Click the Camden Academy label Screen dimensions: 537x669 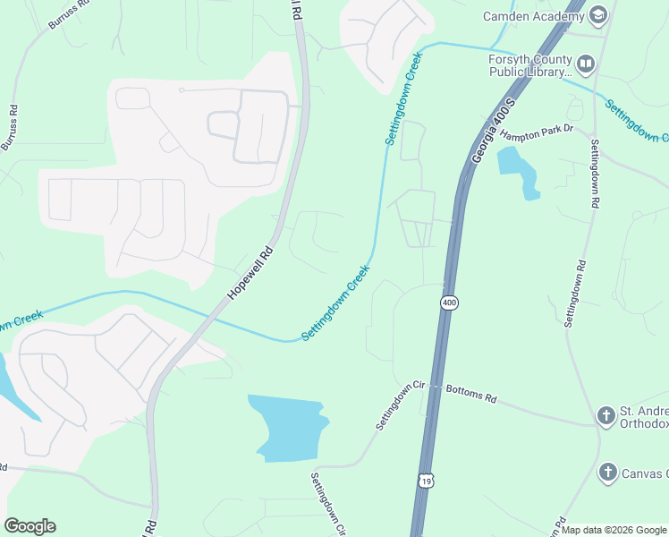point(533,16)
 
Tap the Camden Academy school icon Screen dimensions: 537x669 point(598,14)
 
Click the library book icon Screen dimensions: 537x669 point(586,64)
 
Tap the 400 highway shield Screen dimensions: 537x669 point(449,303)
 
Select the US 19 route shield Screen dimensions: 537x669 point(425,482)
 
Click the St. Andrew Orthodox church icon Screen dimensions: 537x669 point(607,415)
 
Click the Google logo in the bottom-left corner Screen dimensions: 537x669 point(30,526)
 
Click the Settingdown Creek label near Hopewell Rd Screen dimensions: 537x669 point(335,303)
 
